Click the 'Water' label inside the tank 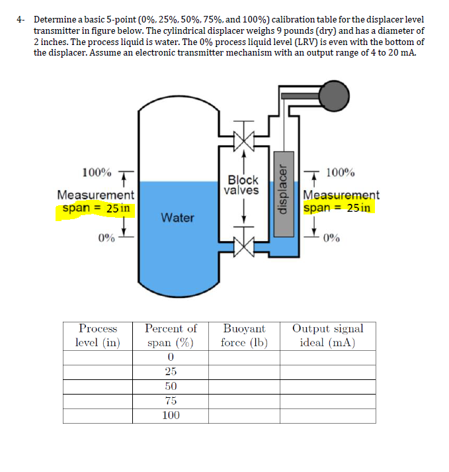[177, 217]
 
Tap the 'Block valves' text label [243, 185]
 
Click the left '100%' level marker [97, 173]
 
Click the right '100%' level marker [340, 173]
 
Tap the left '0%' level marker [106, 238]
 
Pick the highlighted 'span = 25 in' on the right [338, 208]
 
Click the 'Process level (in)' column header [98, 336]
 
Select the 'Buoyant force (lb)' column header [243, 336]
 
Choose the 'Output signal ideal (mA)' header [327, 336]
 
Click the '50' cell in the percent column [171, 386]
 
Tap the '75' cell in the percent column [171, 401]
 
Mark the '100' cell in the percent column [171, 416]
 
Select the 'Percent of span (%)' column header [171, 336]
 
